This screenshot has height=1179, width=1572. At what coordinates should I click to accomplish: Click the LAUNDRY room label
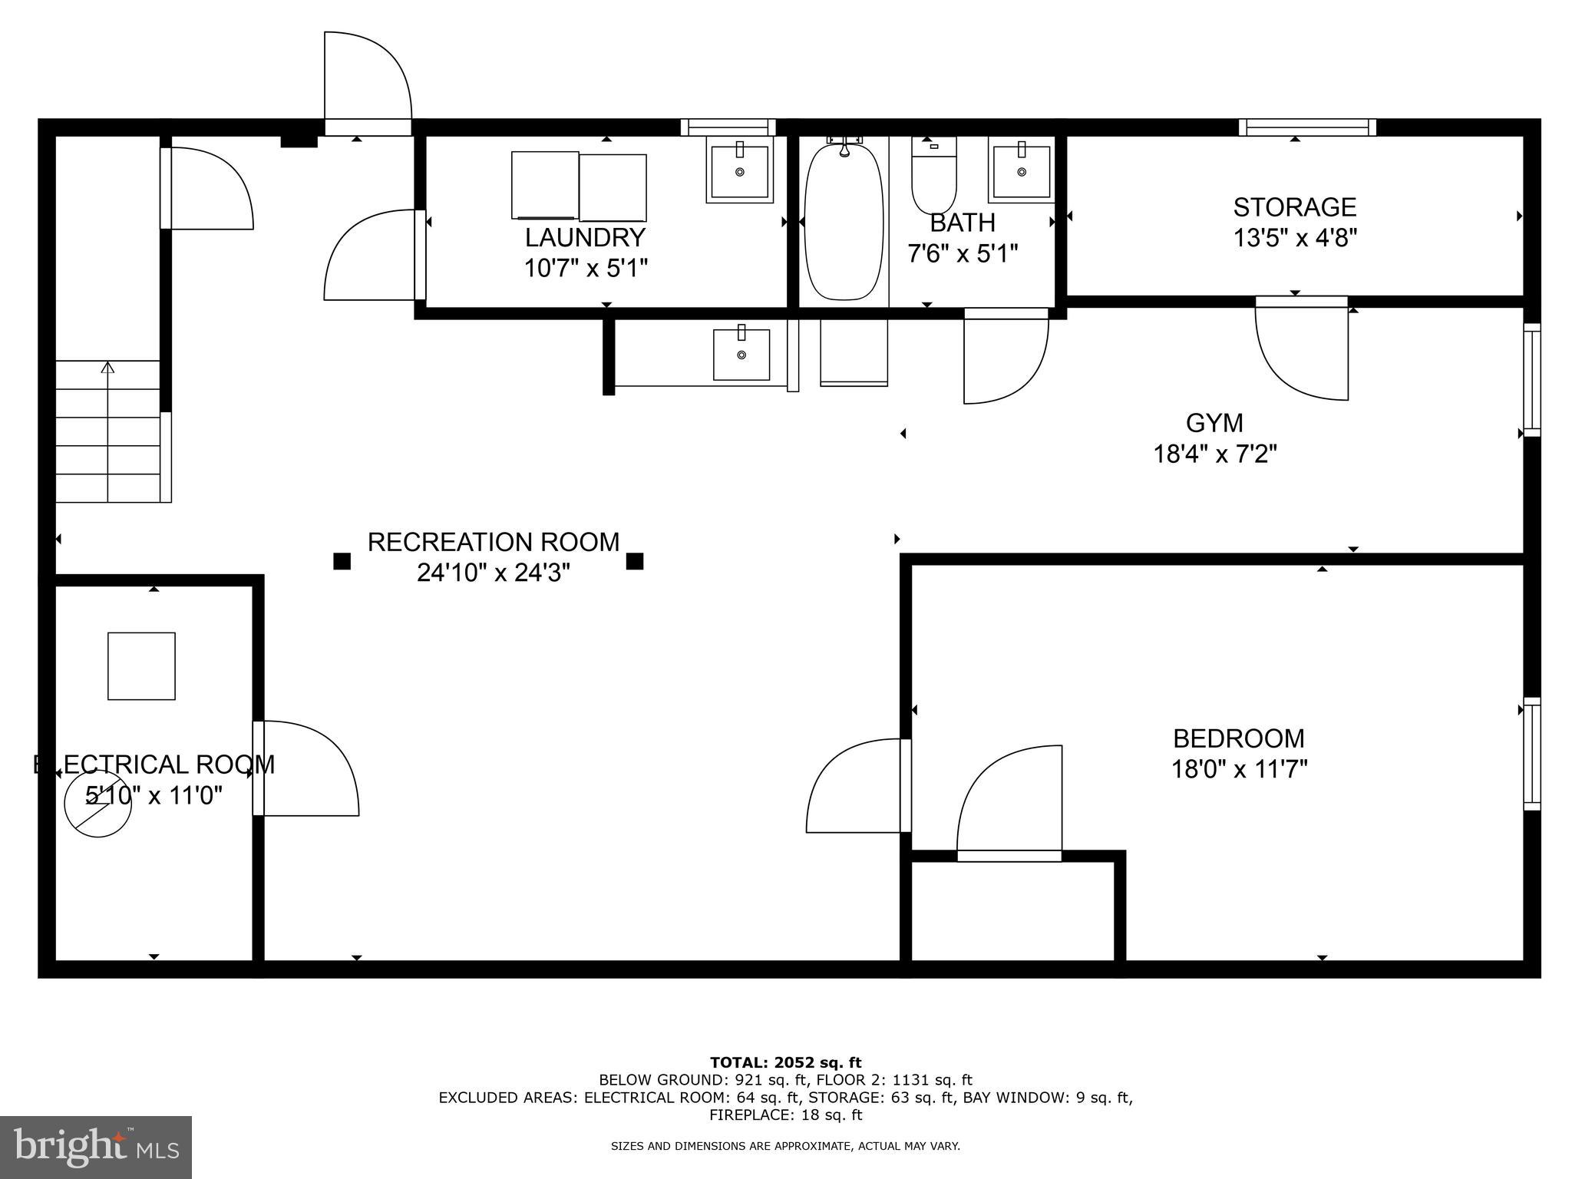click(585, 237)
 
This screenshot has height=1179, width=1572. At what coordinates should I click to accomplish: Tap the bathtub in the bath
click(844, 220)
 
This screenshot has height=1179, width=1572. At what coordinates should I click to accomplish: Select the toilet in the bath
click(933, 177)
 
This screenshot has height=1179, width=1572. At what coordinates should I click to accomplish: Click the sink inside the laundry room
click(740, 170)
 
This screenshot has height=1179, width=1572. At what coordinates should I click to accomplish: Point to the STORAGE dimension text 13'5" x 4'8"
click(1295, 238)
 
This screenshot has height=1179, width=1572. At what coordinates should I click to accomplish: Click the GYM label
click(1214, 423)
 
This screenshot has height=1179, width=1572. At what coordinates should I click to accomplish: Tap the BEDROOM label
click(1238, 738)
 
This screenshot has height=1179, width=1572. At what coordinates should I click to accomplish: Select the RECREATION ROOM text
click(493, 542)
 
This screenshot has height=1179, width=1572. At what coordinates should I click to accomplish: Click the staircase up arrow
click(107, 369)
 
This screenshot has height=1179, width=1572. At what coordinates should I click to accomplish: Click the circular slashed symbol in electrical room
click(97, 803)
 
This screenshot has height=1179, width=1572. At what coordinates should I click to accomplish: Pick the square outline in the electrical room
click(141, 666)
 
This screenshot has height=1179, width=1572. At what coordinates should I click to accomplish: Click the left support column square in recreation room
click(342, 561)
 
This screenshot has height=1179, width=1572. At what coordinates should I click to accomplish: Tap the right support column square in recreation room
click(634, 561)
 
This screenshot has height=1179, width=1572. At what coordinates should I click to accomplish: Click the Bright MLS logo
click(96, 1147)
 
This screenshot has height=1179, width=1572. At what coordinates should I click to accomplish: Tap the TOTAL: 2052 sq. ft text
click(785, 1062)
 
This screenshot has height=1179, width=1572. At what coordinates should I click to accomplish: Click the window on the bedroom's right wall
click(1531, 754)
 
